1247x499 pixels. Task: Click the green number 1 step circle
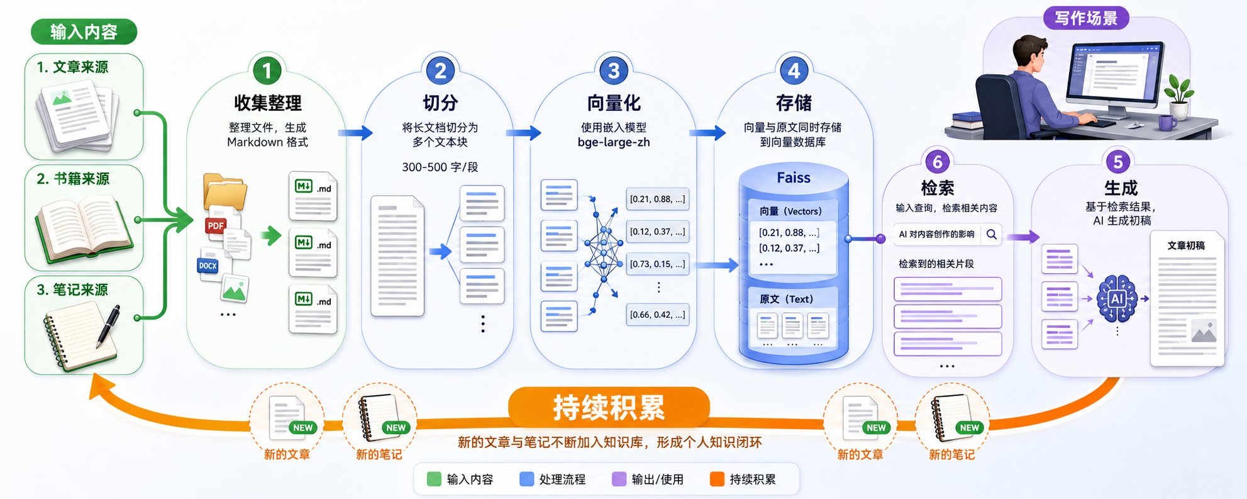267,70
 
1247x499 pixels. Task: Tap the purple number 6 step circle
937,162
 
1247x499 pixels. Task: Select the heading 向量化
614,103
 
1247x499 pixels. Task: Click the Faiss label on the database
794,177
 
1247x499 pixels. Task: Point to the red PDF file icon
216,225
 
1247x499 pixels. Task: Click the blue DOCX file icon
208,266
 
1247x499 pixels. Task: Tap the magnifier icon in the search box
992,234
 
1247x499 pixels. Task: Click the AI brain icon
1117,298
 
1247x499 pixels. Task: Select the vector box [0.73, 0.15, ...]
657,264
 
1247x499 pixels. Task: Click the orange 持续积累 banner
609,407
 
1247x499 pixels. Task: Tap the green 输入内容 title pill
84,31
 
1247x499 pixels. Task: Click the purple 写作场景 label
1086,18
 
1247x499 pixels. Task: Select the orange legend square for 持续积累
717,479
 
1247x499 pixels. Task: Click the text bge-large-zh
614,142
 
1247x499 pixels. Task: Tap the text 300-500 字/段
440,167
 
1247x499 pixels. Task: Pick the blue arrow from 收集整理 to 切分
355,133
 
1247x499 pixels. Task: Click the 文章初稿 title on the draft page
1186,245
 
